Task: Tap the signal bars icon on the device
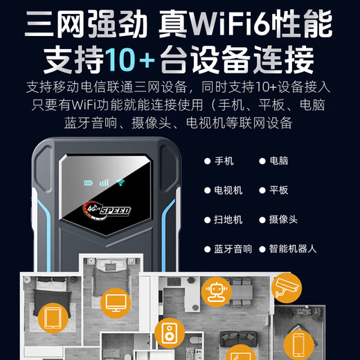pyautogui.click(x=105, y=183)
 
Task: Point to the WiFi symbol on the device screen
pyautogui.click(x=120, y=183)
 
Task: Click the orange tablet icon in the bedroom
pyautogui.click(x=53, y=319)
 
